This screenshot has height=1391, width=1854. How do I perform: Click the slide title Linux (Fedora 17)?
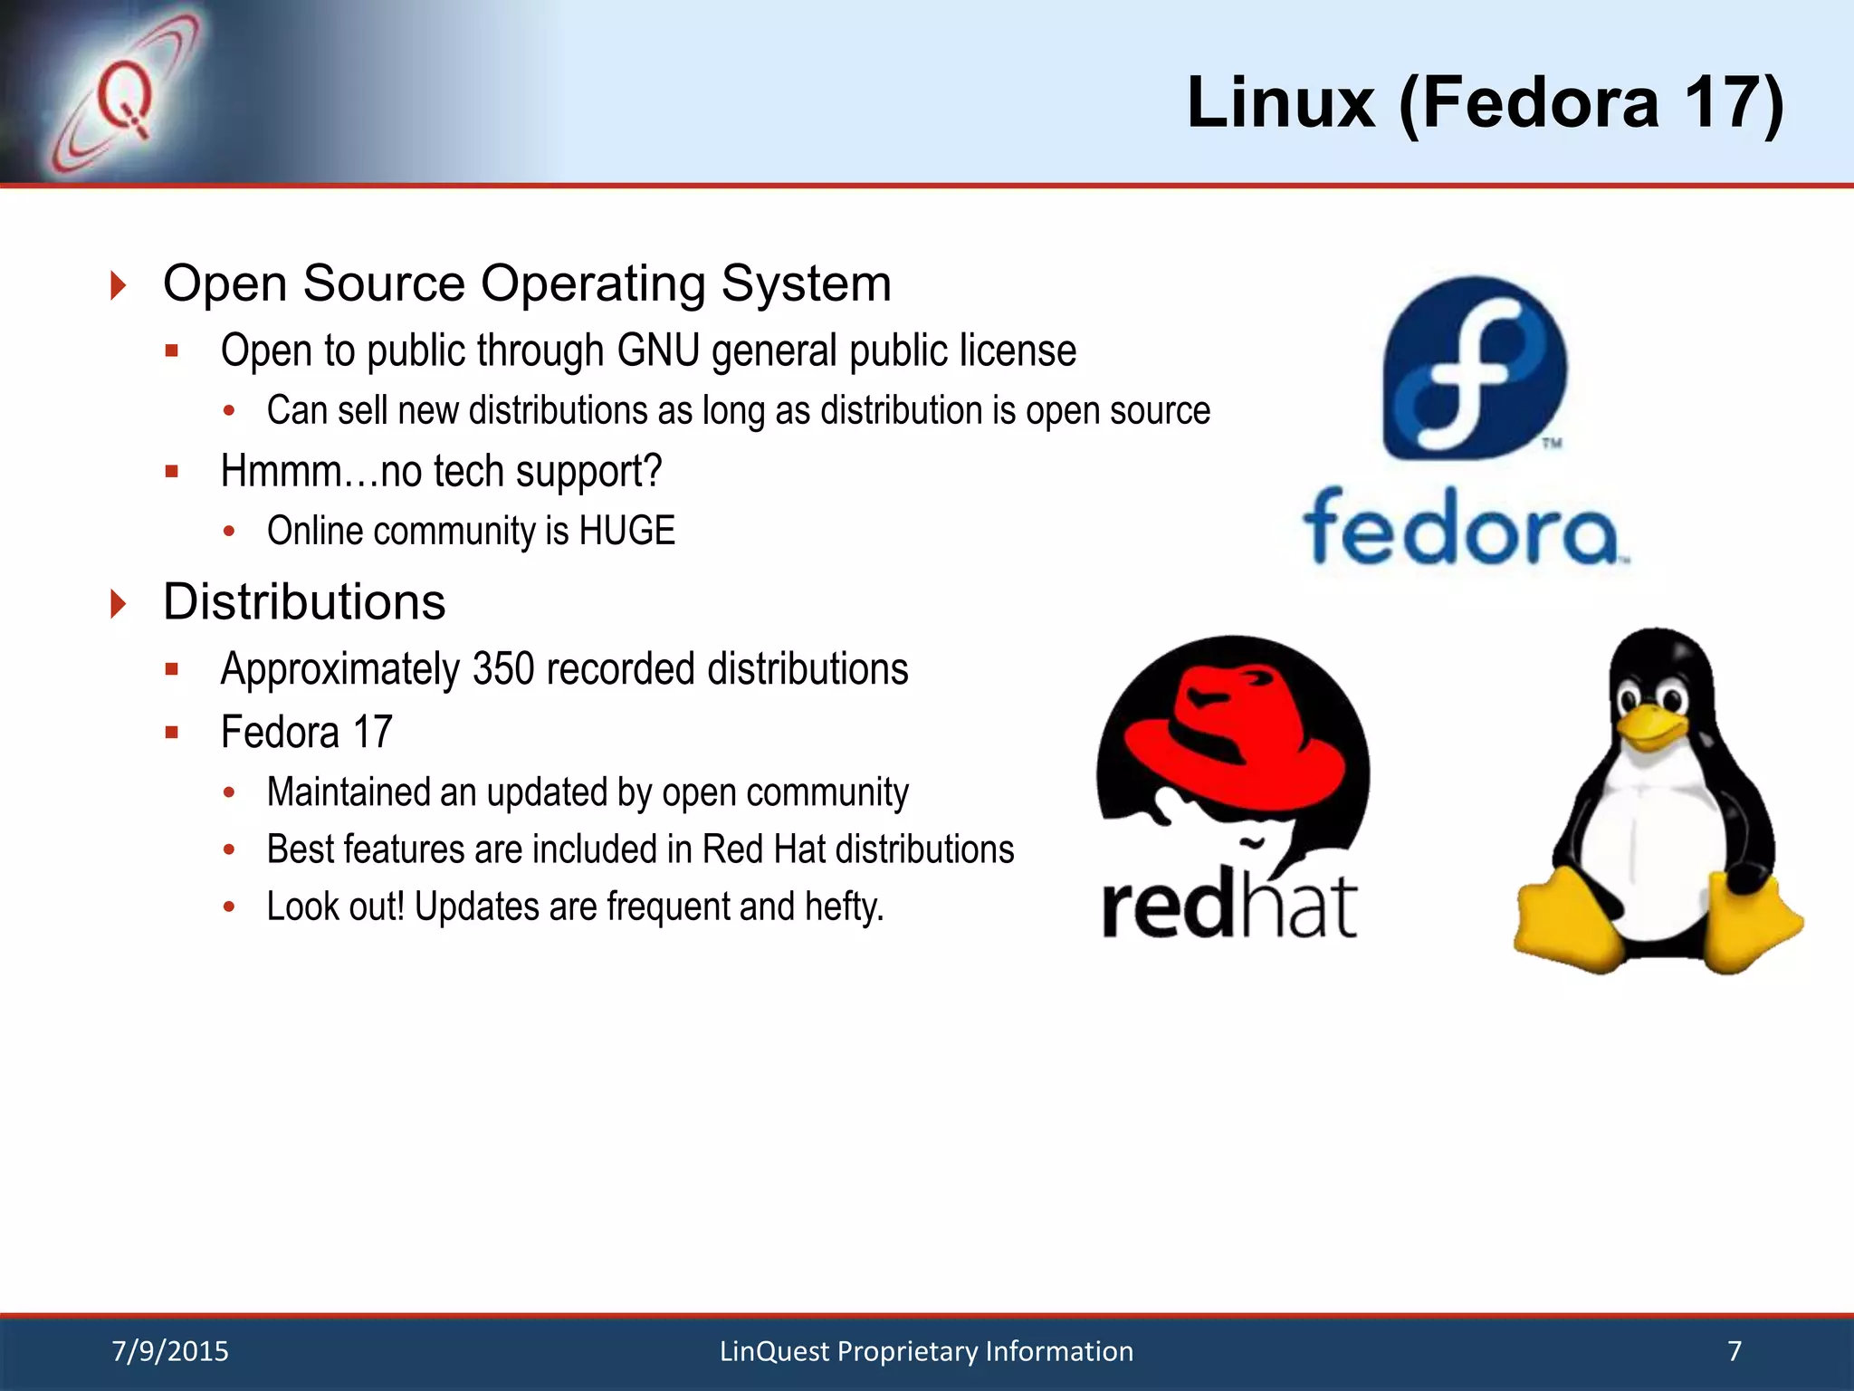[1485, 103]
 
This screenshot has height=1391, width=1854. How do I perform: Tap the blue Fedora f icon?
[1475, 368]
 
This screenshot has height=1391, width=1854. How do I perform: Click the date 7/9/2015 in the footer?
[170, 1351]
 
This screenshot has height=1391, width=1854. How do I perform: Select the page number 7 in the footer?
[1735, 1351]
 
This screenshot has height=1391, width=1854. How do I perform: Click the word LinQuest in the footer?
[774, 1351]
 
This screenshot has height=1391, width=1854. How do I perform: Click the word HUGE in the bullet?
[626, 531]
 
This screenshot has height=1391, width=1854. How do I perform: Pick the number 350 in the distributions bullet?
[503, 670]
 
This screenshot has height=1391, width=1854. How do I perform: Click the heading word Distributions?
[304, 602]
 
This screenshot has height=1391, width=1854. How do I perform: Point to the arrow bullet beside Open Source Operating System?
[118, 285]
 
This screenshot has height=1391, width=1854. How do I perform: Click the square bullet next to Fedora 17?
[172, 733]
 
